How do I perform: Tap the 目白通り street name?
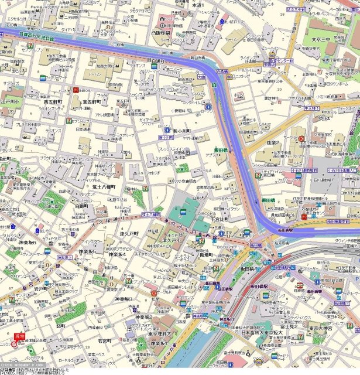click(156, 60)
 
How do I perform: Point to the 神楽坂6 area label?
click(27, 242)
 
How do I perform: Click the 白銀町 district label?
click(82, 206)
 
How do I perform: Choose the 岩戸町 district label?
click(40, 288)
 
